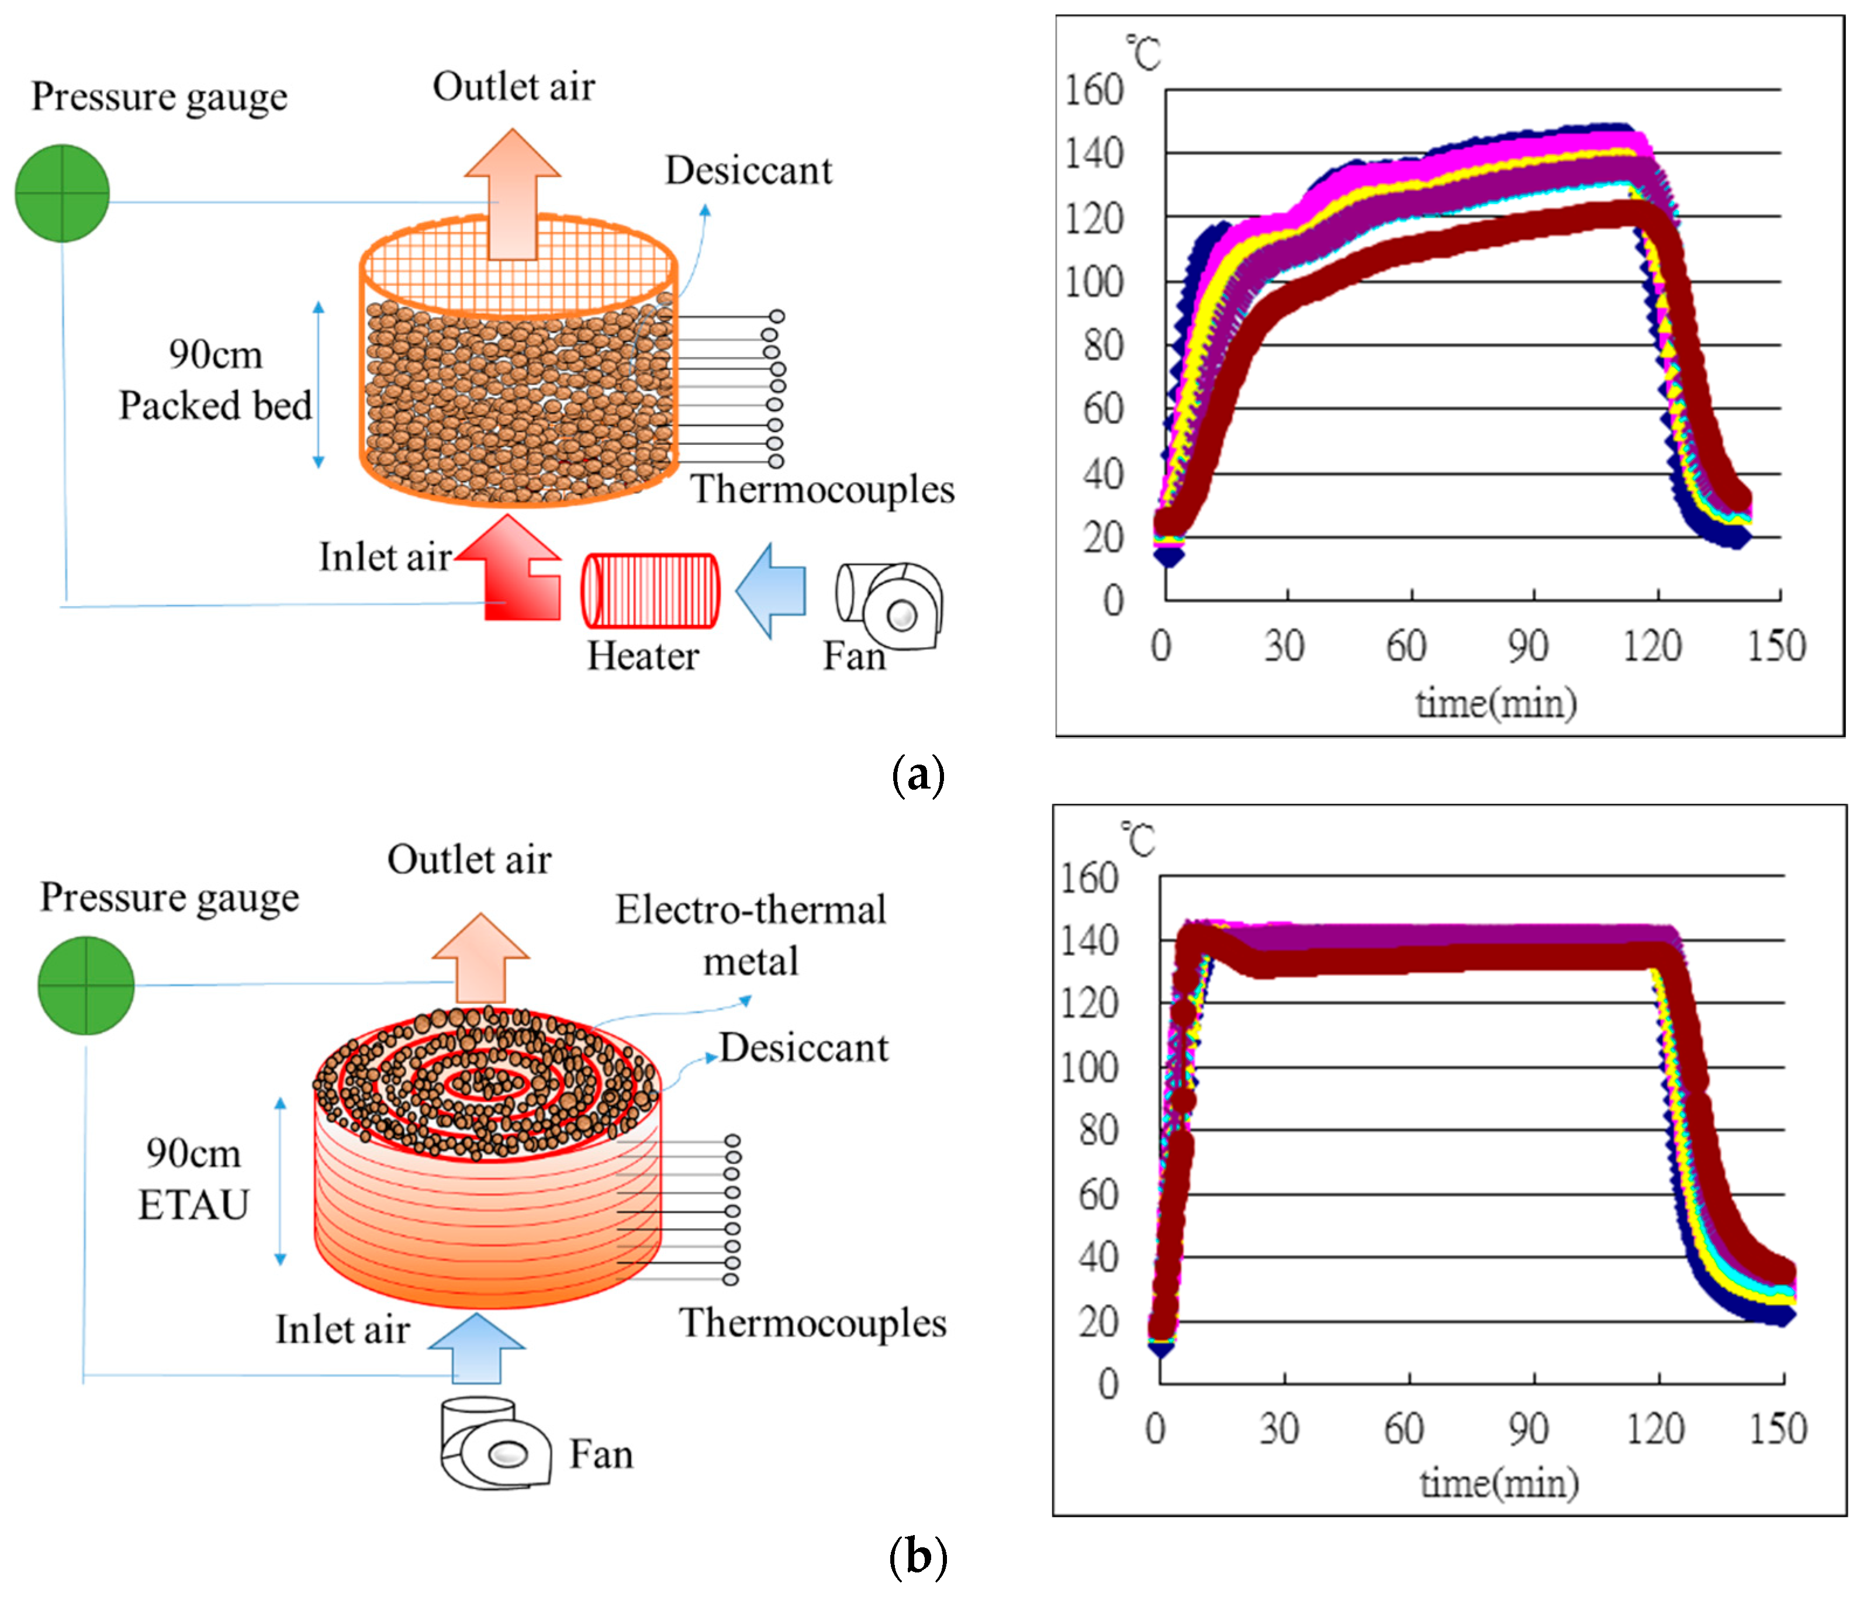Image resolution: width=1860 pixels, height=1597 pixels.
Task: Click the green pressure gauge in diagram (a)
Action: coord(62,193)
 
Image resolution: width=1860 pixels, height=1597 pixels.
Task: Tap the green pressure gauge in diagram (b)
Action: coord(86,985)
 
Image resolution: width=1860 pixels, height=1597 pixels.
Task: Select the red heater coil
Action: coord(650,590)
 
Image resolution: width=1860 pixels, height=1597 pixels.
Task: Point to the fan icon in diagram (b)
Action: coord(495,1443)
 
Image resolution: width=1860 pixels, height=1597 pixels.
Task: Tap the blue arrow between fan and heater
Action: coord(771,590)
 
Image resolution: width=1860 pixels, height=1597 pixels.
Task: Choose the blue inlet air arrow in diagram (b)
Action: coord(476,1347)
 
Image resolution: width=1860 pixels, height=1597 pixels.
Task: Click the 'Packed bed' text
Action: coord(216,405)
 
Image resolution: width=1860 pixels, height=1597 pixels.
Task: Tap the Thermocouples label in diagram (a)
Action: coord(821,489)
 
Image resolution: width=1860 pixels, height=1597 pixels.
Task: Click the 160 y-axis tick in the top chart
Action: coord(1093,90)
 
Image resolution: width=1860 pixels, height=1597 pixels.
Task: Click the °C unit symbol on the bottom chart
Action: coord(1139,839)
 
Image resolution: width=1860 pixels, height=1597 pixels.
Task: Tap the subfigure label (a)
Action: coord(918,774)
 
